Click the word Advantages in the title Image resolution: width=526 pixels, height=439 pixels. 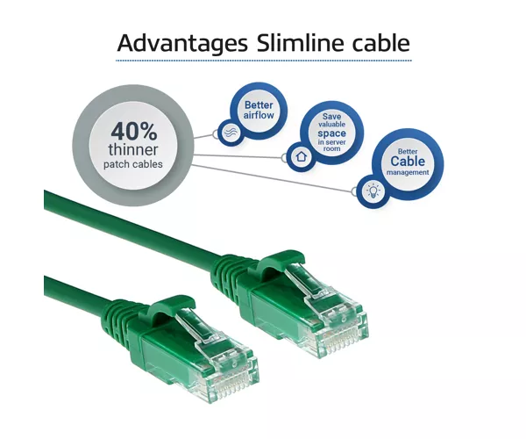(x=182, y=43)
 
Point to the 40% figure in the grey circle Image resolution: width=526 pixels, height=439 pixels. (x=134, y=132)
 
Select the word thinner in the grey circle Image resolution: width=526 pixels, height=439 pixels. (x=133, y=150)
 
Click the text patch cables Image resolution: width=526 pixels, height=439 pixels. (x=133, y=164)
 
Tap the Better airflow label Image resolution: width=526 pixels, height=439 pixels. (x=259, y=110)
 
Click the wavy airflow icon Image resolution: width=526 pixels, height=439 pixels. (x=231, y=132)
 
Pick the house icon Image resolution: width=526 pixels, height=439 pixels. (x=302, y=156)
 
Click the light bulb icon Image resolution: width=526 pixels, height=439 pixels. (x=373, y=191)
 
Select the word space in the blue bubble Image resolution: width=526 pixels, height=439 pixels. (x=331, y=133)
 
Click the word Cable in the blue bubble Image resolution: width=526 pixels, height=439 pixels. (x=408, y=162)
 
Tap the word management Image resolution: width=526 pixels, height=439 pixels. (x=408, y=172)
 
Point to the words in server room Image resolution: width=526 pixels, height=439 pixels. (x=331, y=145)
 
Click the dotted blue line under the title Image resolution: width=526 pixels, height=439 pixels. (x=264, y=61)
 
